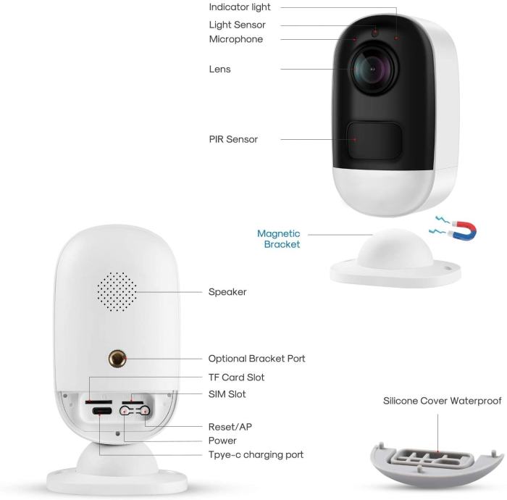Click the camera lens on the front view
374,70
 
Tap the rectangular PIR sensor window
375,140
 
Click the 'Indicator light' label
240,7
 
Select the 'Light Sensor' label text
236,25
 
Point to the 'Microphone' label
235,39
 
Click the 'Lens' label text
219,70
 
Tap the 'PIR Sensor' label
233,139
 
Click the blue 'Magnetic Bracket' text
279,239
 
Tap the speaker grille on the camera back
117,292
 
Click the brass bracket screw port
117,358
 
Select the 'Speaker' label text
227,292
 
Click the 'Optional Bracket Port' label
256,359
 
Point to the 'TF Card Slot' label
236,378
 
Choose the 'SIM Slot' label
227,394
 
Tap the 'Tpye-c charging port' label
256,455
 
